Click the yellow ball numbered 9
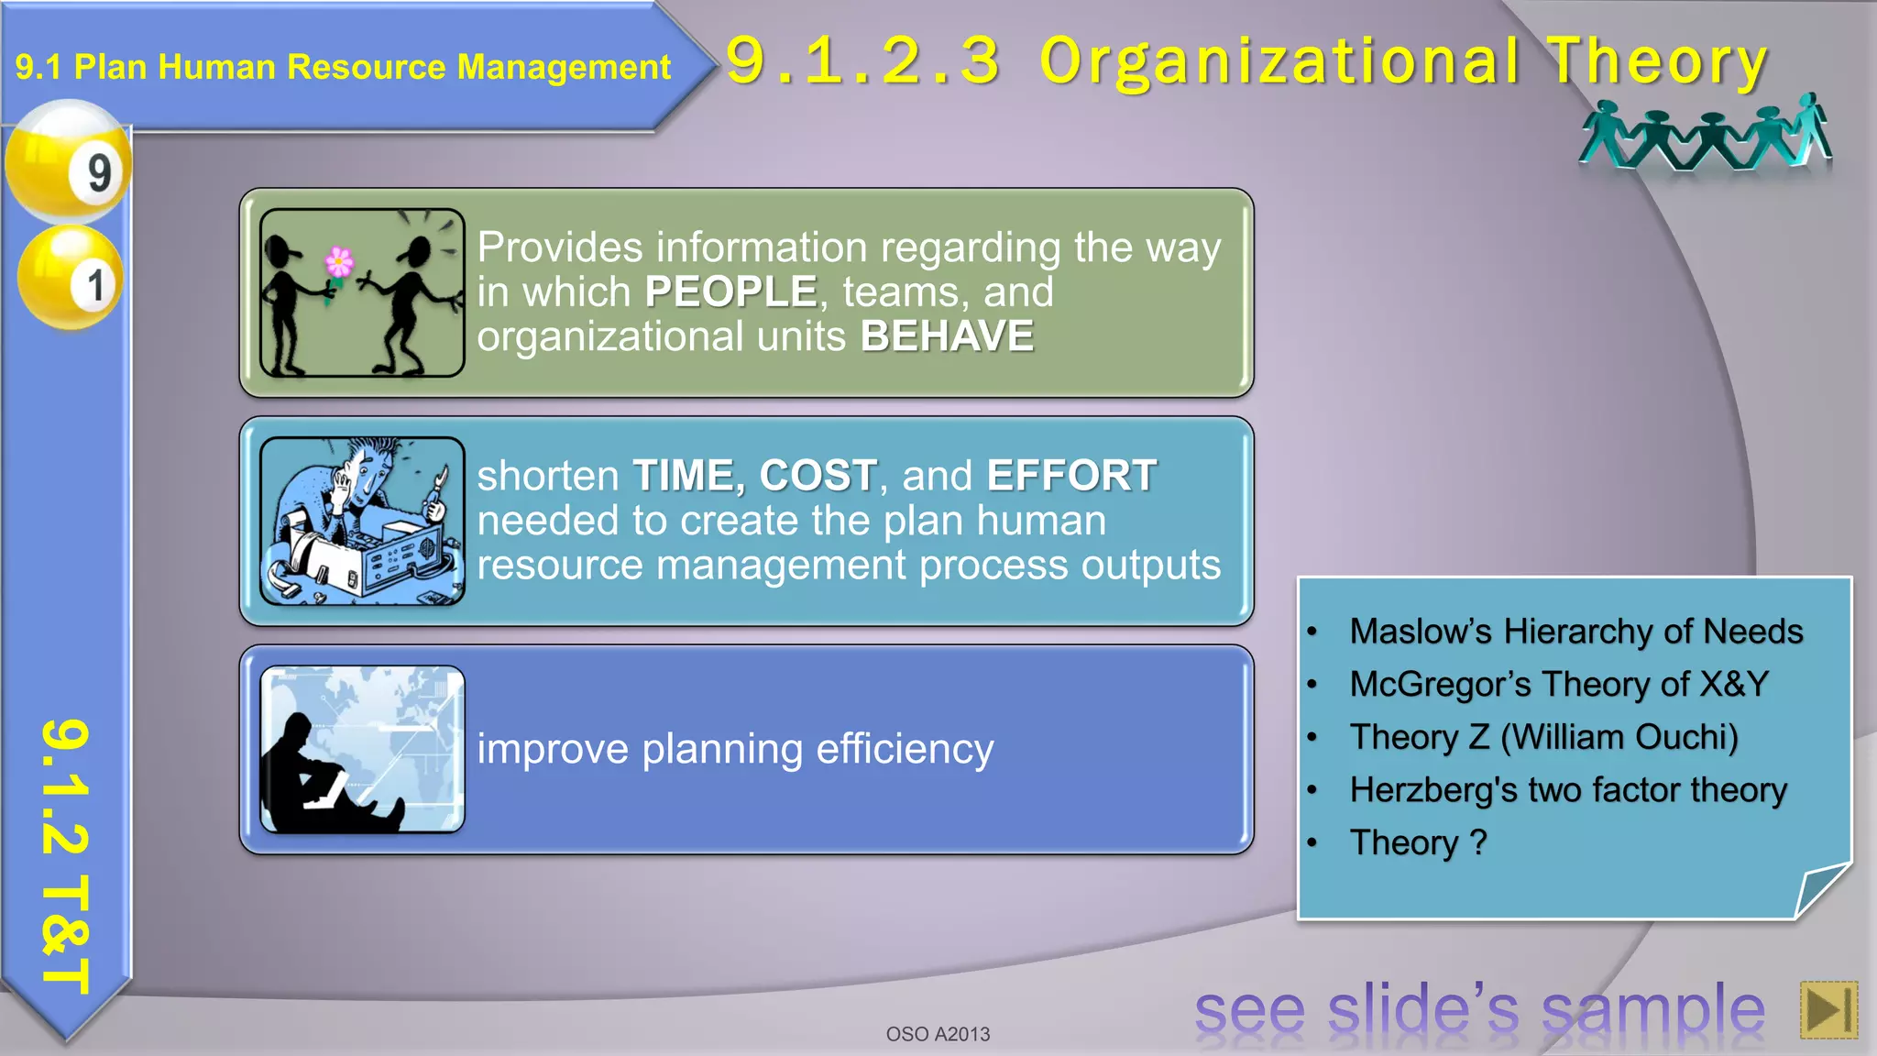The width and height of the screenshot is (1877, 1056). pos(68,162)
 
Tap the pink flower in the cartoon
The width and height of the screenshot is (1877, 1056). pos(339,262)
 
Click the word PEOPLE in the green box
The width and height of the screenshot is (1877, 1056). pos(730,292)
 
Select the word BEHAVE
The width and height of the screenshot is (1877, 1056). pos(947,336)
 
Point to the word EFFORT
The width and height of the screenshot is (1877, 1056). pos(1070,476)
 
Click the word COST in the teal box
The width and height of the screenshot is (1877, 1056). pos(818,476)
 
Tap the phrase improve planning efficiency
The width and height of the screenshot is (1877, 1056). pos(735,749)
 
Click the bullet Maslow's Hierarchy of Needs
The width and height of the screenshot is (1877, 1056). pos(1575,632)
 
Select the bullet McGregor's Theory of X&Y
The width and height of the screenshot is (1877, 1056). pos(1558,685)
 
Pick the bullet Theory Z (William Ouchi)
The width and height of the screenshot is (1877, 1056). pos(1543,737)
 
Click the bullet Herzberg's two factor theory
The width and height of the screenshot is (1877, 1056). pos(1567,790)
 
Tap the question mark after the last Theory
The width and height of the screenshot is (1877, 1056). pos(1477,842)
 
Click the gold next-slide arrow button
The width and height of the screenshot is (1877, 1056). pos(1828,1009)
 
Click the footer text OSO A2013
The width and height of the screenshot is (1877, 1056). pos(938,1034)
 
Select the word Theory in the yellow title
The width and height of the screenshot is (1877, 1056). pos(1657,61)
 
